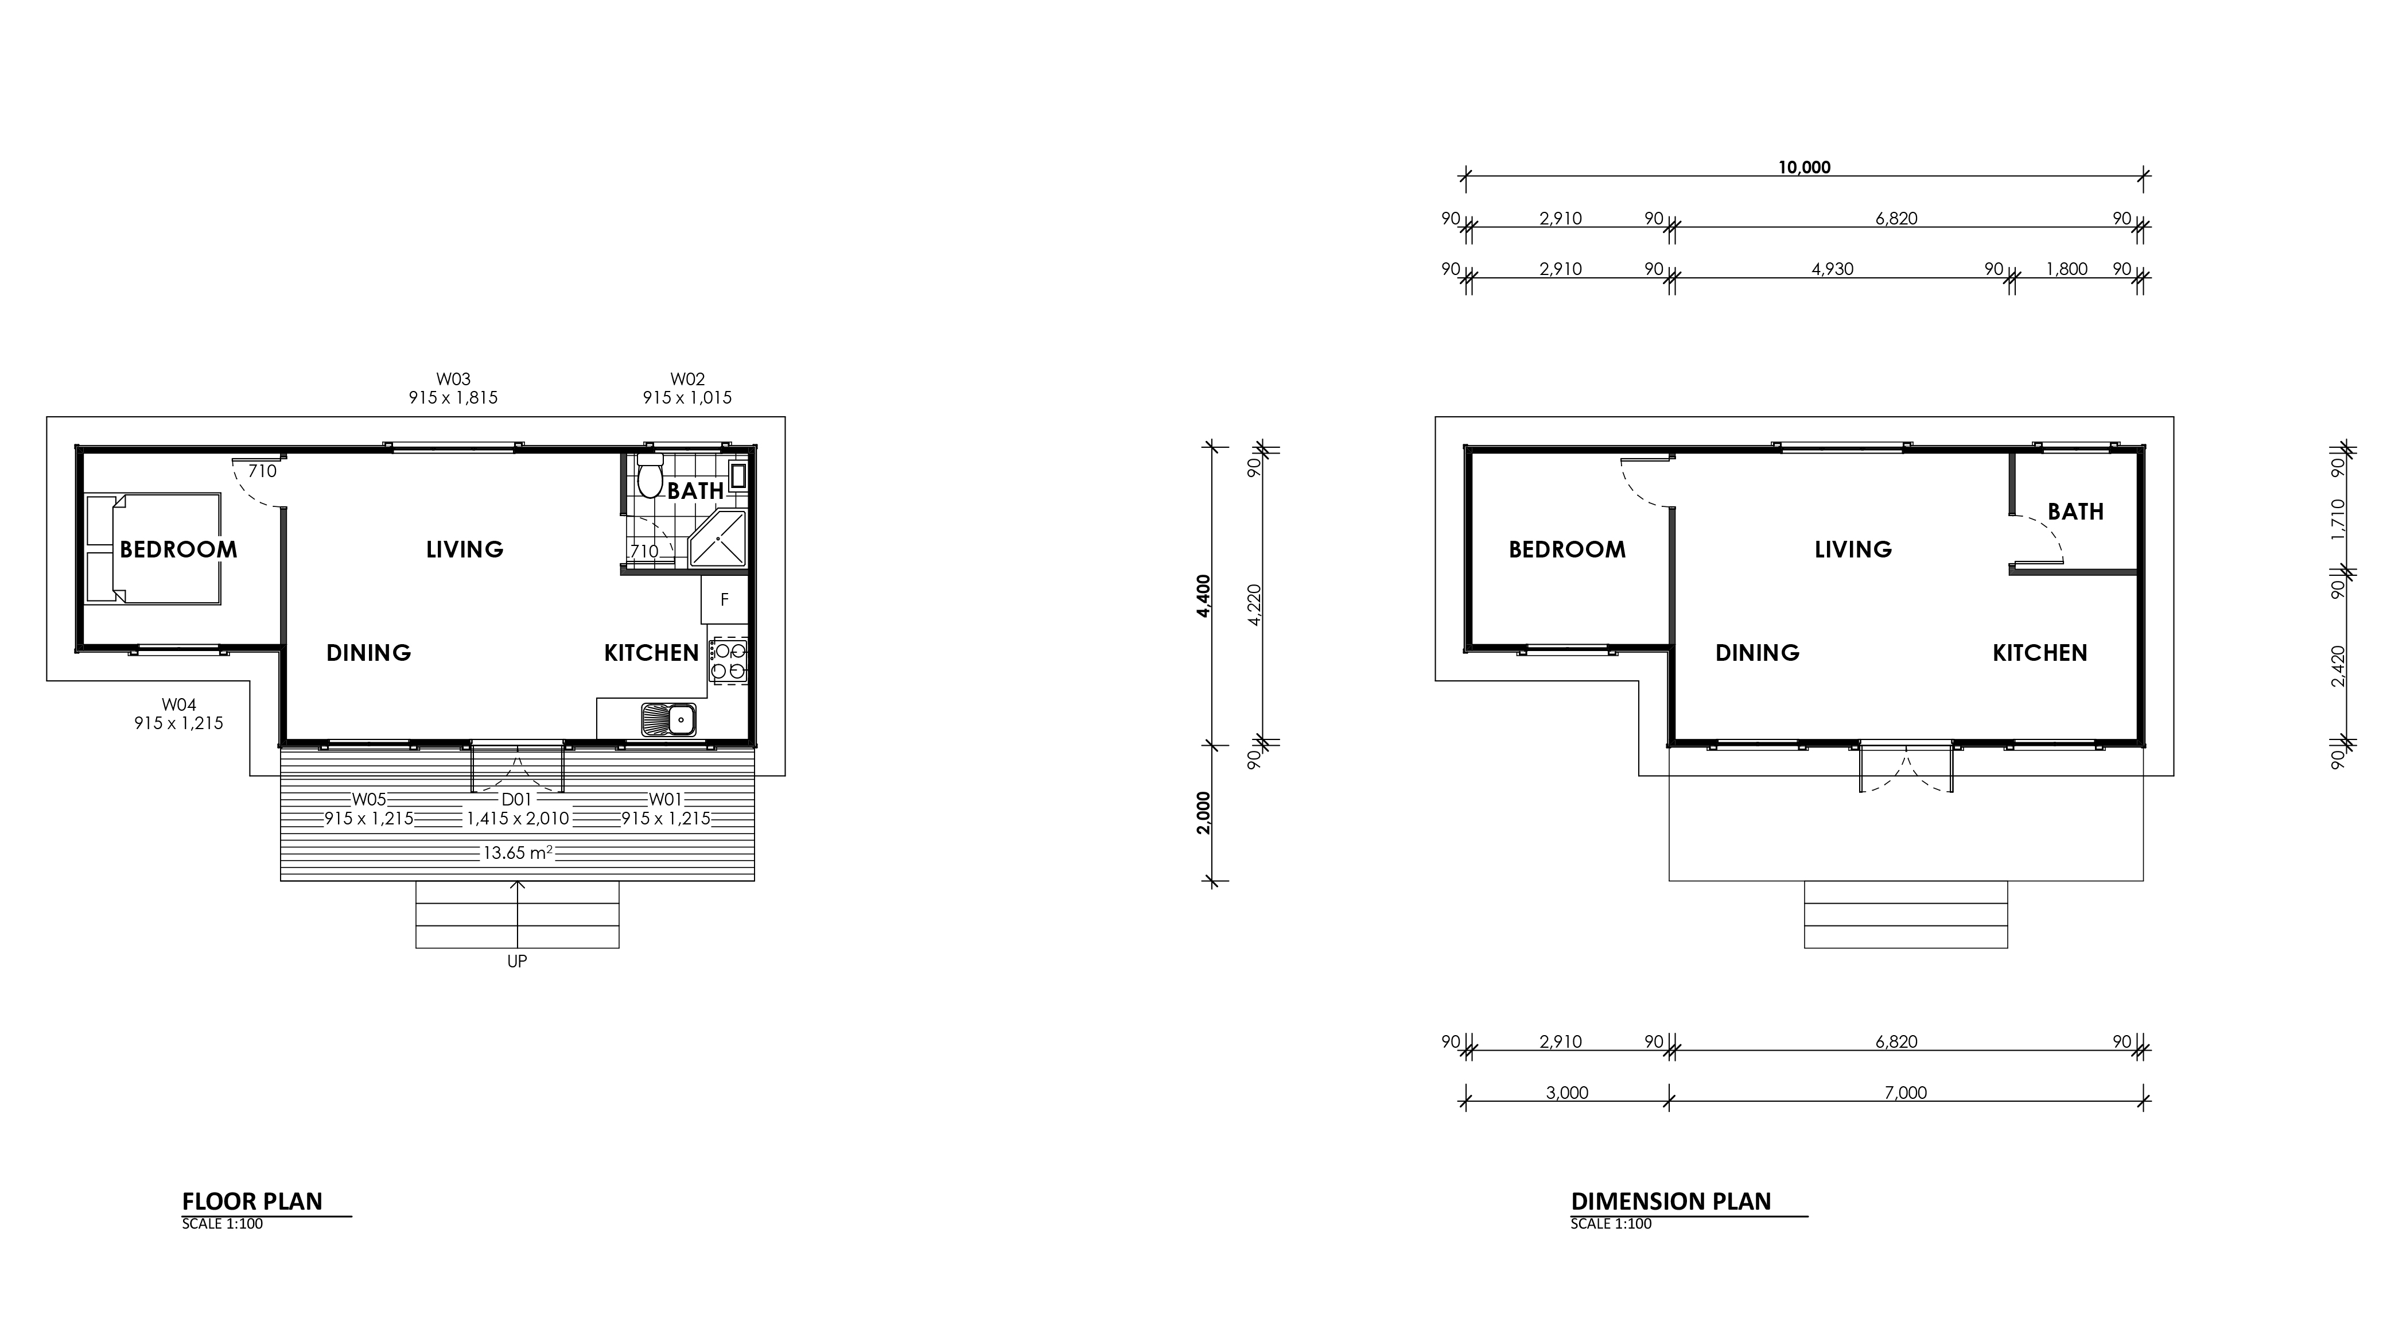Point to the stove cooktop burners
click(x=728, y=660)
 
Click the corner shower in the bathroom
click(x=719, y=537)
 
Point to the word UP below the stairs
click(x=517, y=961)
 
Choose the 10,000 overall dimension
click(x=1804, y=168)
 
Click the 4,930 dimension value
click(x=1832, y=269)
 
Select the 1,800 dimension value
click(x=2066, y=269)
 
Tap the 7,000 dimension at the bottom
click(x=1905, y=1093)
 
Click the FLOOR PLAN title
click(x=252, y=1201)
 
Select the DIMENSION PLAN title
click(x=1671, y=1201)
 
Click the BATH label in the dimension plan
click(x=2075, y=512)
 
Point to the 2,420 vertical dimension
click(x=2339, y=667)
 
